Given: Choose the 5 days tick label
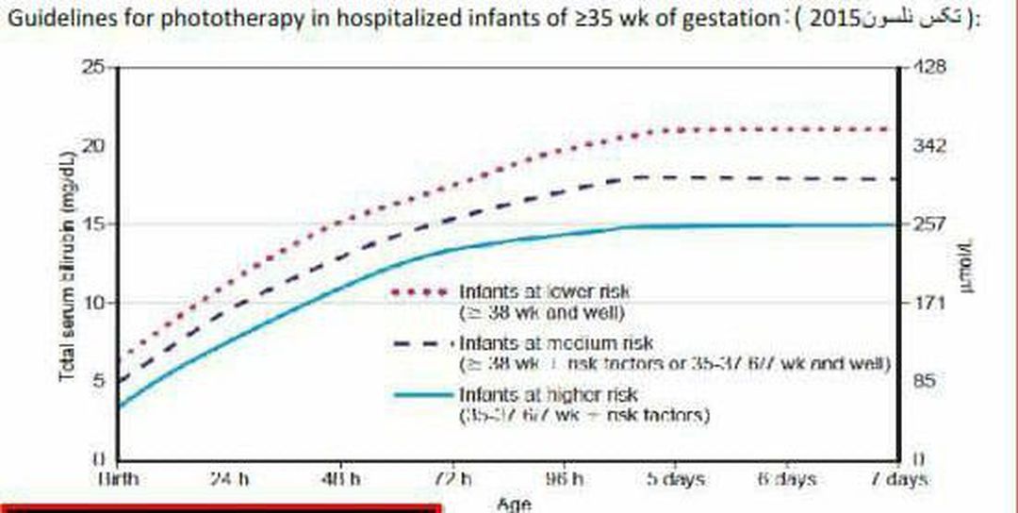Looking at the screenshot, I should [675, 479].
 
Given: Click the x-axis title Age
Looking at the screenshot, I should [514, 504].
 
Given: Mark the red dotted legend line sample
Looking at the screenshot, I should [420, 291].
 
